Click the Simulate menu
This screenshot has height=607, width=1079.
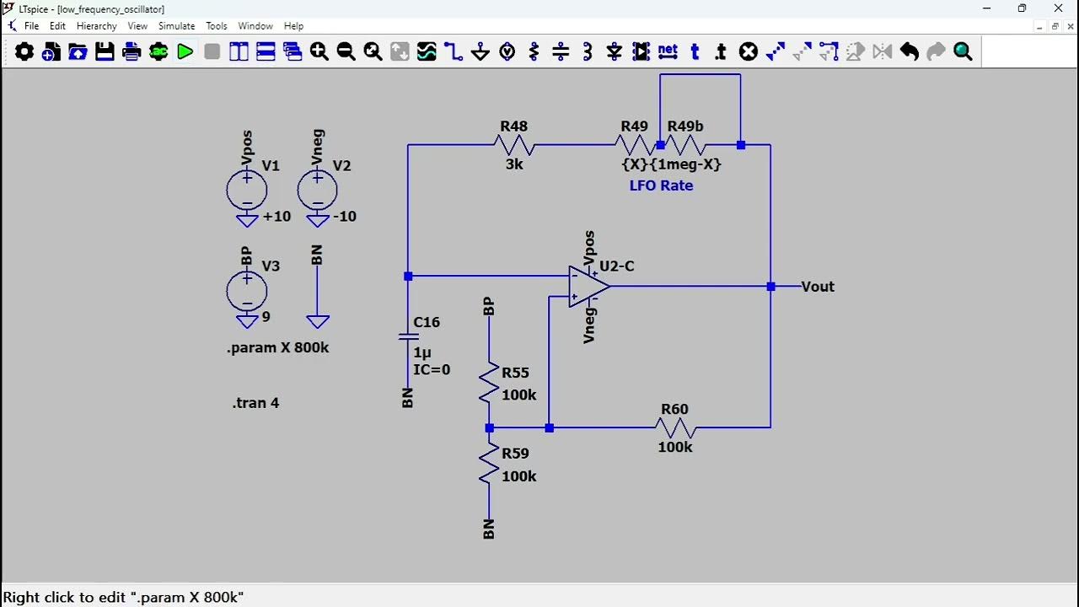tap(176, 26)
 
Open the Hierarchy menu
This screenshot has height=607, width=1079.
tap(96, 26)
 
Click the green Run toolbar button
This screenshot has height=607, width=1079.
tap(185, 52)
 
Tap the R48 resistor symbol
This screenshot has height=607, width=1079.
tap(514, 145)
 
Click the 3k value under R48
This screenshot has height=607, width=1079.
tap(514, 164)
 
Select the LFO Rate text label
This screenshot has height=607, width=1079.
tap(661, 185)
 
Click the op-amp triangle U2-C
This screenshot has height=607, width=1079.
tap(588, 287)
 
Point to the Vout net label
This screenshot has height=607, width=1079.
tap(818, 287)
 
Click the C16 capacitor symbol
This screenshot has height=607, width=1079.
tap(408, 336)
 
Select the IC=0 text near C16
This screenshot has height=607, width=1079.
tap(432, 369)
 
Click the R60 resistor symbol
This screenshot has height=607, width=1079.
tap(675, 427)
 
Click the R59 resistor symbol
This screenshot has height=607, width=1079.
tap(489, 465)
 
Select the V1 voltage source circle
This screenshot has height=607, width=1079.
tap(247, 191)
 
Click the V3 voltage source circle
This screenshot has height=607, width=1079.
tap(247, 292)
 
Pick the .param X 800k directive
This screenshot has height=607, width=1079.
tap(277, 347)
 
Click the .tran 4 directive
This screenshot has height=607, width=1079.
tap(255, 403)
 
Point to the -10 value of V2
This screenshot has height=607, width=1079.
tap(344, 217)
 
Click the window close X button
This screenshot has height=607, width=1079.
tap(1058, 8)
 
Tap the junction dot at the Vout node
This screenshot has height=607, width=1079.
tap(770, 287)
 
